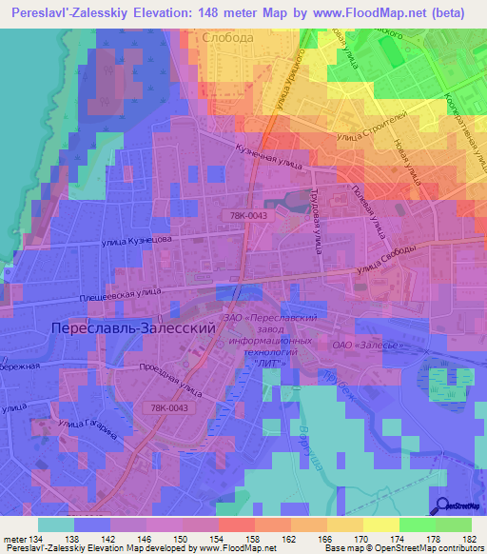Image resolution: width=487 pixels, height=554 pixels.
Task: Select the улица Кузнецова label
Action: point(139,243)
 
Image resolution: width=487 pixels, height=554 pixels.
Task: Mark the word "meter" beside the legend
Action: point(15,541)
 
